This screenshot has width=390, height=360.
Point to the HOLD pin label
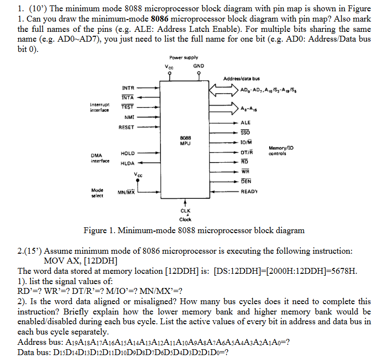point(128,154)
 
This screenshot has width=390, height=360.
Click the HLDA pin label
point(128,164)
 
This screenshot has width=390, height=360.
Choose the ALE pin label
point(246,123)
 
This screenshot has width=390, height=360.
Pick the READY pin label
point(250,192)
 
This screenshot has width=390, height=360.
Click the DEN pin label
point(246,182)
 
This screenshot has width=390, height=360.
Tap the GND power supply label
point(199,66)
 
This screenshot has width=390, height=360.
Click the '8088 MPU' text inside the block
point(185,141)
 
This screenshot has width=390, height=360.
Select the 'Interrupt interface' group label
point(99,107)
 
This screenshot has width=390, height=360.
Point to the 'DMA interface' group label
point(100,158)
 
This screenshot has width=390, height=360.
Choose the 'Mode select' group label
point(97,192)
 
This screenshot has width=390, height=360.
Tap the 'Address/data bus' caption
point(241,78)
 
